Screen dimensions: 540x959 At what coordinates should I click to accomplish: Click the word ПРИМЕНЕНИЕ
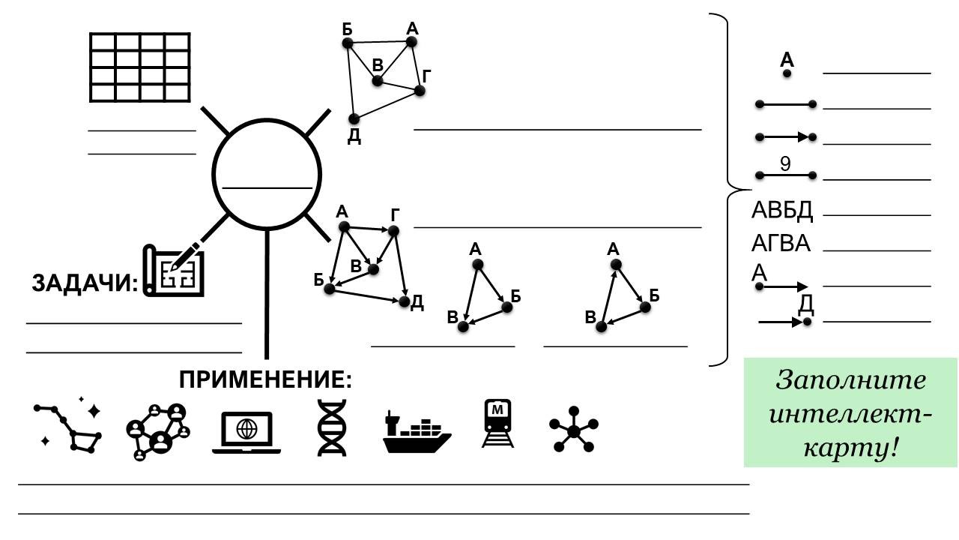point(264,379)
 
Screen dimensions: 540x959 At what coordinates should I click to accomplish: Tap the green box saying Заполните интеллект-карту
point(850,413)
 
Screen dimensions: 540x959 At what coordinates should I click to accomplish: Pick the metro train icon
point(497,424)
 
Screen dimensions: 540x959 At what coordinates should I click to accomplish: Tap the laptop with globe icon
point(246,432)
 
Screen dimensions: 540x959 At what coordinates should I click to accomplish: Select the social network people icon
point(157,430)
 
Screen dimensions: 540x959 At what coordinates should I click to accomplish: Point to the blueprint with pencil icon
point(175,268)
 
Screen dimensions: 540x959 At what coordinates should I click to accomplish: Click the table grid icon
point(140,67)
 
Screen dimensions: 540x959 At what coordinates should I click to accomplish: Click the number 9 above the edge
point(785,163)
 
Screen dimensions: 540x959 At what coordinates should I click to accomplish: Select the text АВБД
point(781,211)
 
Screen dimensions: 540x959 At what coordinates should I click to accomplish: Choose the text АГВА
point(781,244)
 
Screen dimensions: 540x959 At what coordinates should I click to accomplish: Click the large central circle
point(267,172)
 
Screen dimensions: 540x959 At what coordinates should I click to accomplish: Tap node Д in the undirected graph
point(354,119)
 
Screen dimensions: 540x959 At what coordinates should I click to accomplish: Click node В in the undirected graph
point(378,80)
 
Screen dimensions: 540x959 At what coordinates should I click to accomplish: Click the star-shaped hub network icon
point(573,430)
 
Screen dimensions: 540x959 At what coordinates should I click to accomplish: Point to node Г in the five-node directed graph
point(395,229)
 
